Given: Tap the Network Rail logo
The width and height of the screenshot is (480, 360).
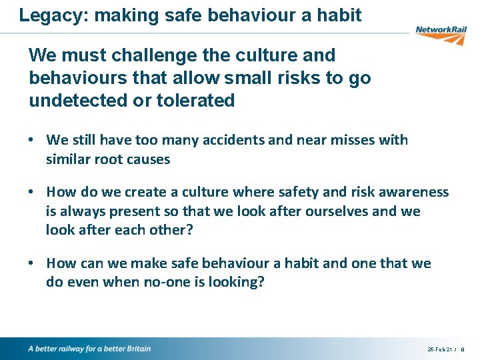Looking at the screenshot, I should point(440,33).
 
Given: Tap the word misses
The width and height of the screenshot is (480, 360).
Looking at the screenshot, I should point(360,140).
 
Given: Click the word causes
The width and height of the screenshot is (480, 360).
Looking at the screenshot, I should point(150,159).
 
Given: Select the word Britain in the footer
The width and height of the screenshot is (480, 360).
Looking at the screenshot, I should point(136,349).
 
